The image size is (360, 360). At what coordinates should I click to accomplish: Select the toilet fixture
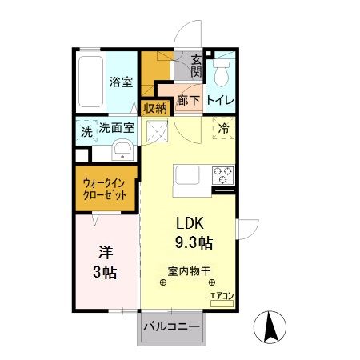(222, 71)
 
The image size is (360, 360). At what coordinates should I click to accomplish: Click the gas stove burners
(222, 173)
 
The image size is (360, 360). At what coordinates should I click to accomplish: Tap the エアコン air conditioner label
(221, 295)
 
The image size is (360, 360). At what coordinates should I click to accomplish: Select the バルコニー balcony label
(173, 326)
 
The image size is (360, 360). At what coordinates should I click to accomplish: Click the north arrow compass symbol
(271, 326)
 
